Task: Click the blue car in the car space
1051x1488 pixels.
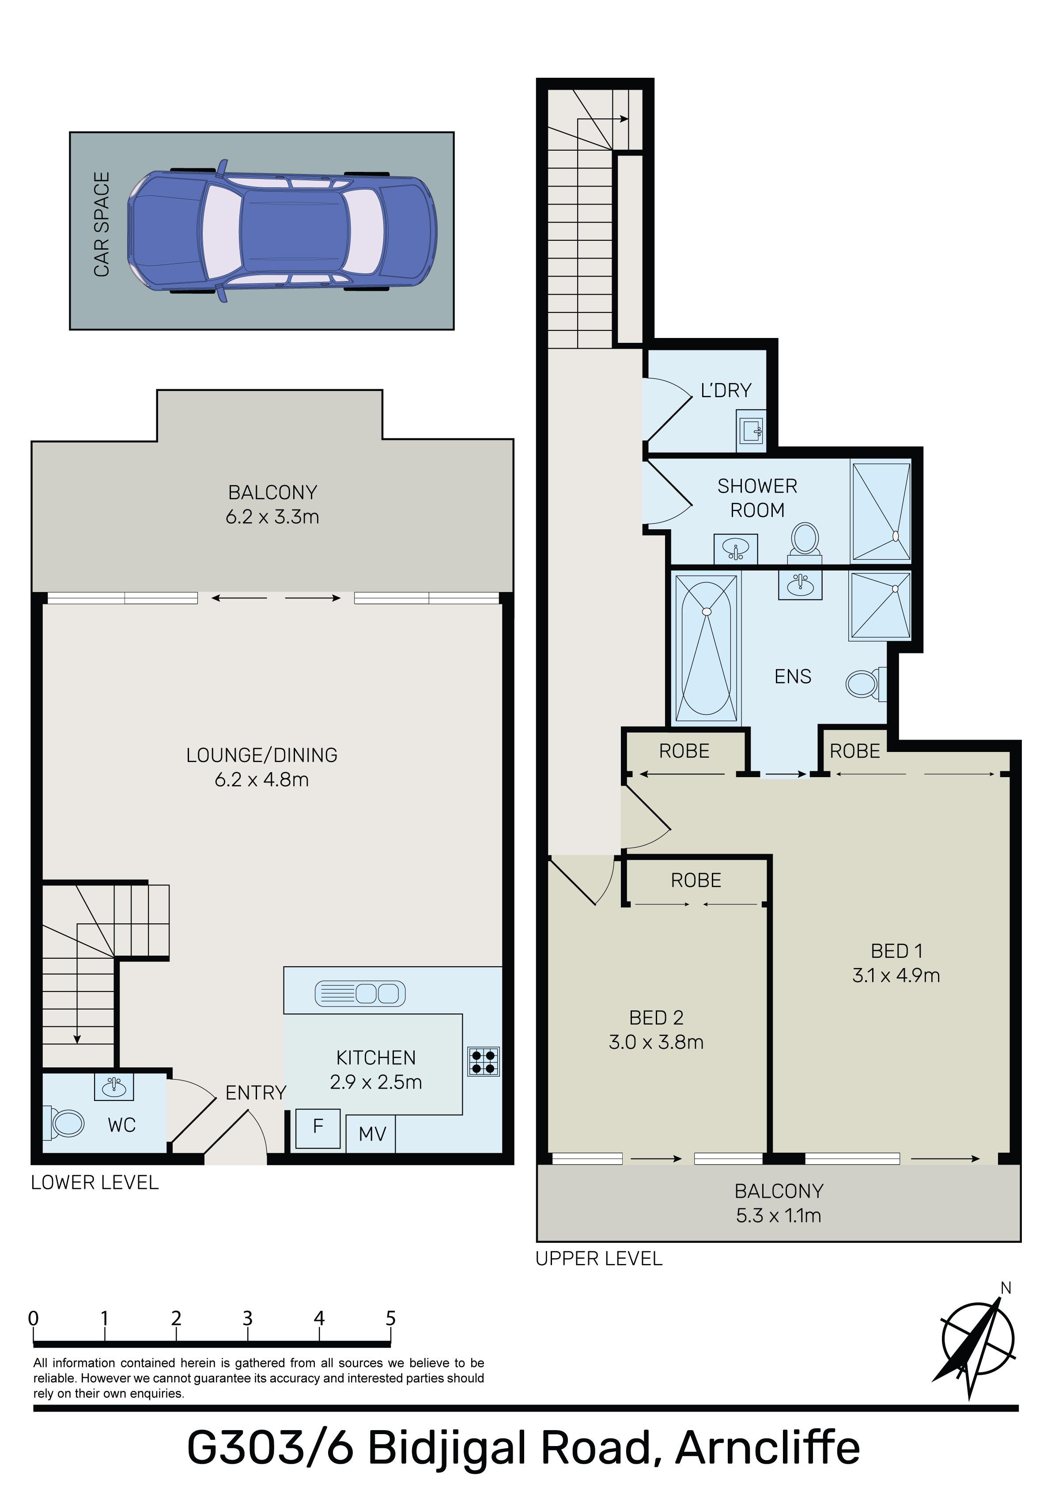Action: (282, 230)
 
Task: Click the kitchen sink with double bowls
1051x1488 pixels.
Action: (360, 994)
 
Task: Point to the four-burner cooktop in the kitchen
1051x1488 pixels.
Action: (484, 1062)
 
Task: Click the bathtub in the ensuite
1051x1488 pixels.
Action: (706, 648)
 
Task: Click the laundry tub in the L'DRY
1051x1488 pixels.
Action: (752, 430)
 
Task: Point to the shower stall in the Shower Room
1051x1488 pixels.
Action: (881, 511)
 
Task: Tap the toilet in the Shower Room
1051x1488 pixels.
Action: (805, 542)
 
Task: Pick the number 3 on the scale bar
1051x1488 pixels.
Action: (248, 1318)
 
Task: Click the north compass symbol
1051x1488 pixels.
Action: (978, 1340)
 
